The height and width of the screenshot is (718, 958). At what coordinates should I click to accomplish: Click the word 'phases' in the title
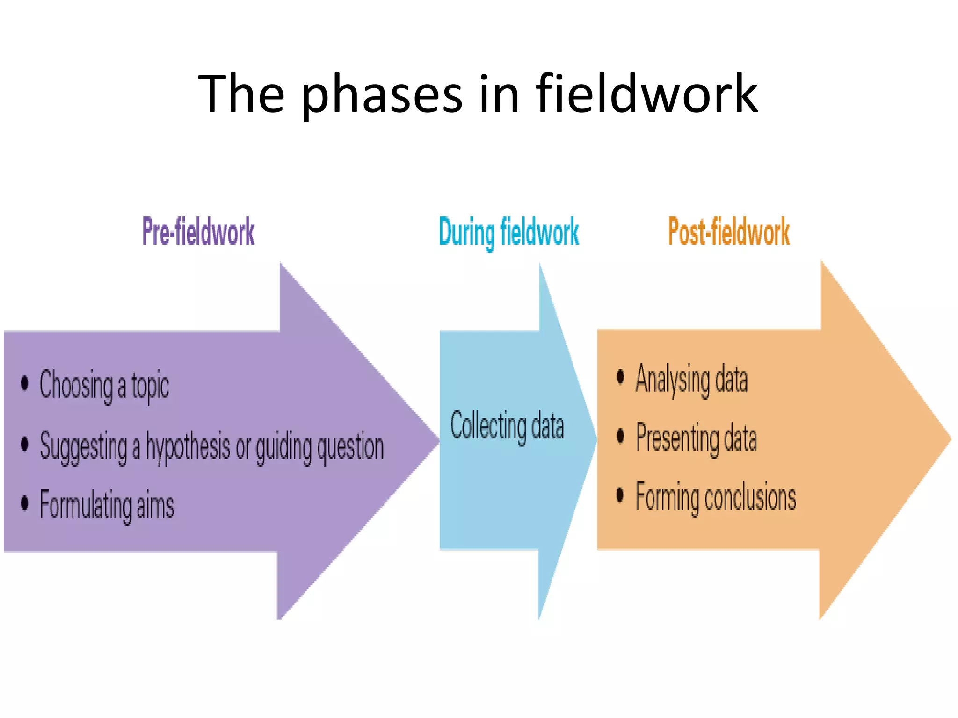pyautogui.click(x=382, y=95)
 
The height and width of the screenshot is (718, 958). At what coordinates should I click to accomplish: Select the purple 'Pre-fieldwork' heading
pyautogui.click(x=198, y=232)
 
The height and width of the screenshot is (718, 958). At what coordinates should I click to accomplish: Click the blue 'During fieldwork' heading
pyautogui.click(x=509, y=232)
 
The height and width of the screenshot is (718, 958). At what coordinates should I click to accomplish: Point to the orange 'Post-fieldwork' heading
pyautogui.click(x=729, y=232)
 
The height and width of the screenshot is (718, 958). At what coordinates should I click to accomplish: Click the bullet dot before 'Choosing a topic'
pyautogui.click(x=25, y=383)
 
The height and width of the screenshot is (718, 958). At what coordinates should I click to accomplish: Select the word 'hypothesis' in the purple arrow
pyautogui.click(x=188, y=447)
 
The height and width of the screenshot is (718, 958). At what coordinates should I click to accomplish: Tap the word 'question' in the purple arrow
pyautogui.click(x=350, y=447)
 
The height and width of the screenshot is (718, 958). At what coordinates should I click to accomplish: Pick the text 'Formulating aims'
pyautogui.click(x=107, y=505)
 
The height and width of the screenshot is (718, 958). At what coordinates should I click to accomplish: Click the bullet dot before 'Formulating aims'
pyautogui.click(x=25, y=503)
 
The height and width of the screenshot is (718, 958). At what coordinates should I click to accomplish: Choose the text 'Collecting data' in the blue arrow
pyautogui.click(x=507, y=426)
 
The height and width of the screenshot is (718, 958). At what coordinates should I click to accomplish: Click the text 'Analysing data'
pyautogui.click(x=691, y=379)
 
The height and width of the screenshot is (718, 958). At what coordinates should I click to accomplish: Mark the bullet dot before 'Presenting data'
pyautogui.click(x=621, y=436)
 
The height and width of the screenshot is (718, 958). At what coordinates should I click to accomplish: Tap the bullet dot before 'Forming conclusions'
pyautogui.click(x=621, y=495)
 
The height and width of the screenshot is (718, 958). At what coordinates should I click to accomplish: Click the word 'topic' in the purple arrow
pyautogui.click(x=150, y=386)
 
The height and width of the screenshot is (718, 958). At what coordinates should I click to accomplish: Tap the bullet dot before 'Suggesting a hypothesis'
pyautogui.click(x=25, y=444)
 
